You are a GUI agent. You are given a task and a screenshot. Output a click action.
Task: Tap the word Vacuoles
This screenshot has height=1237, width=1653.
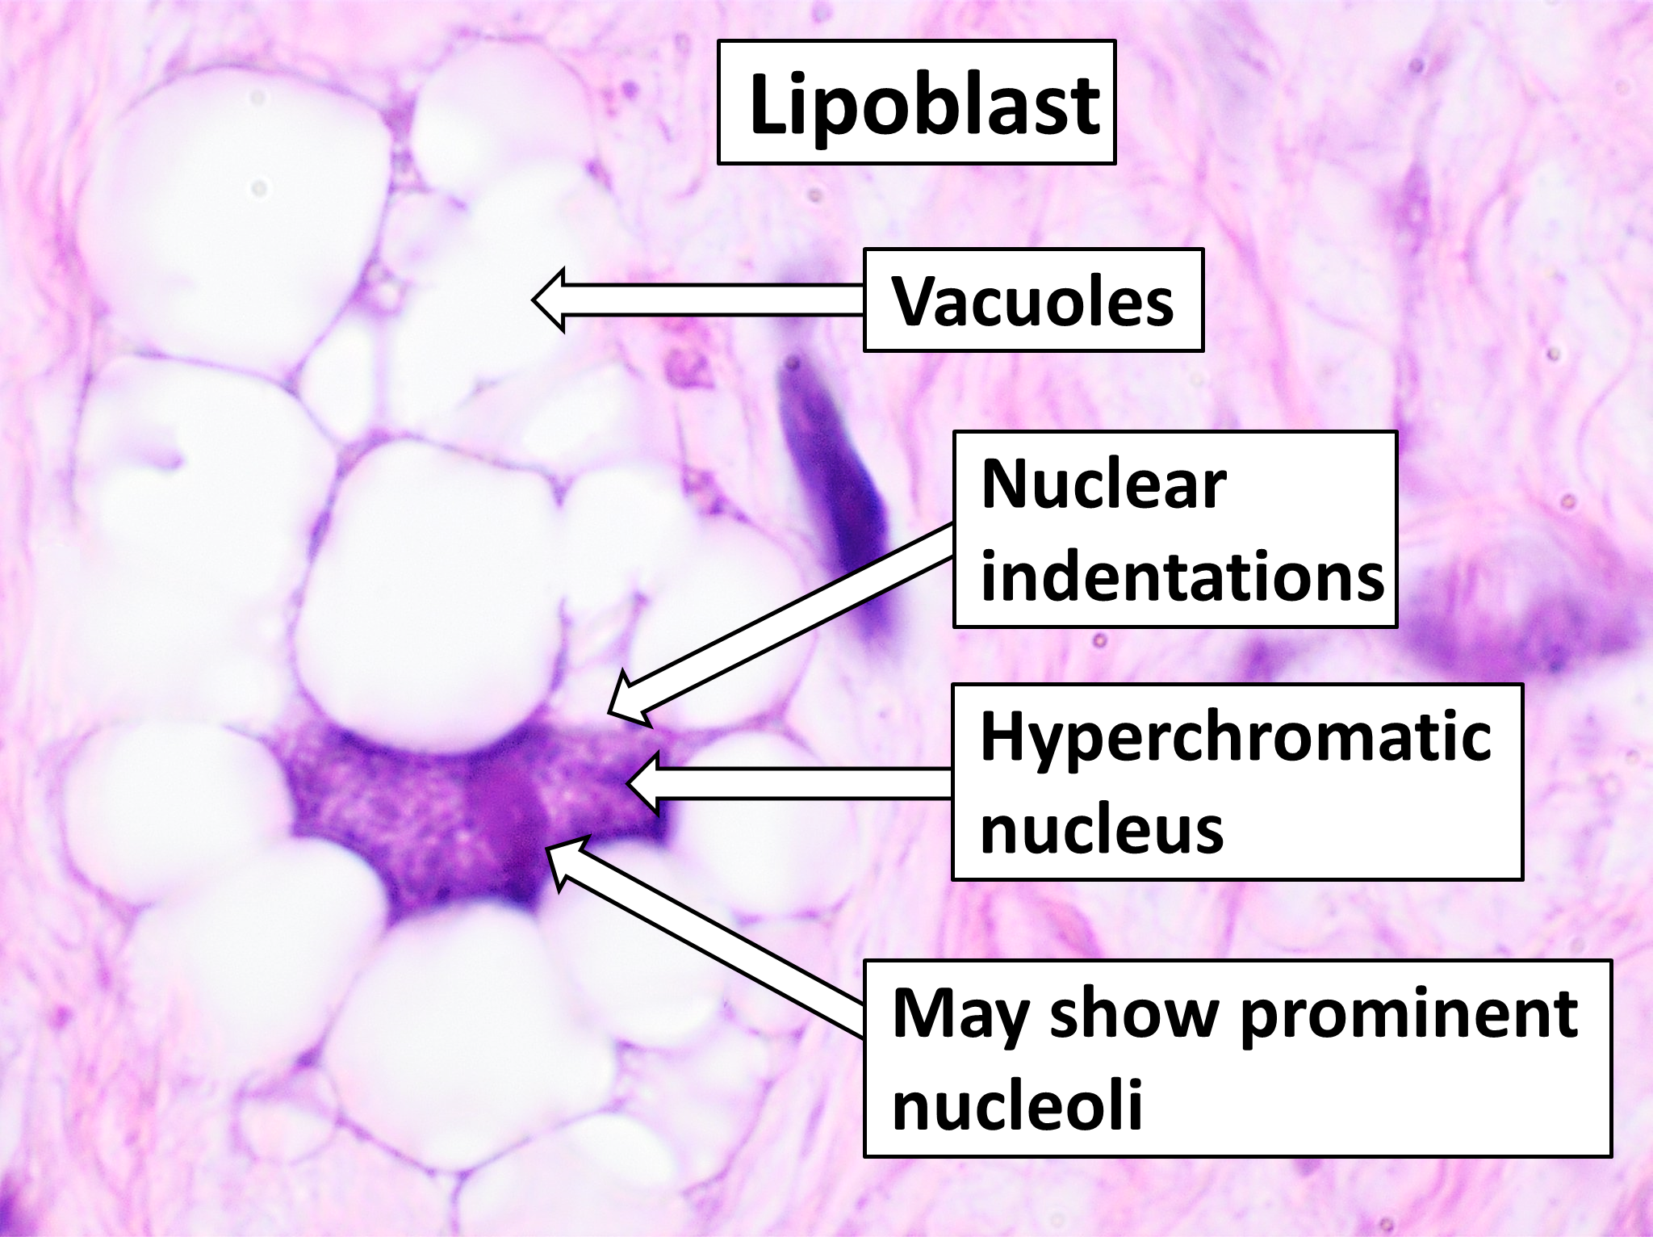(1032, 301)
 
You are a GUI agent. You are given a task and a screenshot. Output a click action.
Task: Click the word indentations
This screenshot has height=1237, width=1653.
(1182, 577)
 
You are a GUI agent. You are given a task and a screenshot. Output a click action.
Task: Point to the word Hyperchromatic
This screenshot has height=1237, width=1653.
(1236, 738)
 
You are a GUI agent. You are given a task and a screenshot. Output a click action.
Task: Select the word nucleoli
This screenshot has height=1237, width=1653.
(1017, 1106)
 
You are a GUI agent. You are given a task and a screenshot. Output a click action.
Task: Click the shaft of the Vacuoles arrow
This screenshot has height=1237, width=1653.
(710, 300)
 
